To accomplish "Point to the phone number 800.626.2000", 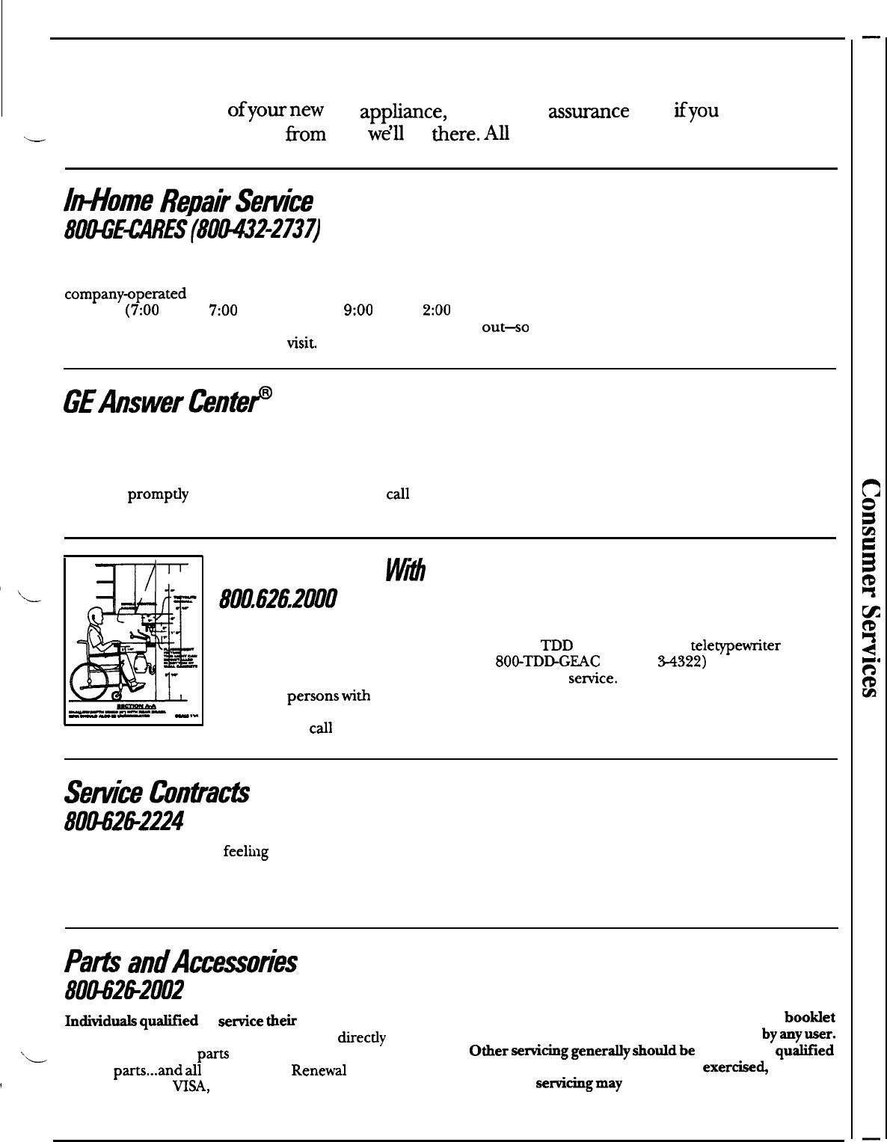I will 277,599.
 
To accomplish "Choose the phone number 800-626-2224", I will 124,820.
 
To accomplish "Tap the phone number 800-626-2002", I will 125,991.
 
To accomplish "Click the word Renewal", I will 318,1070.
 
